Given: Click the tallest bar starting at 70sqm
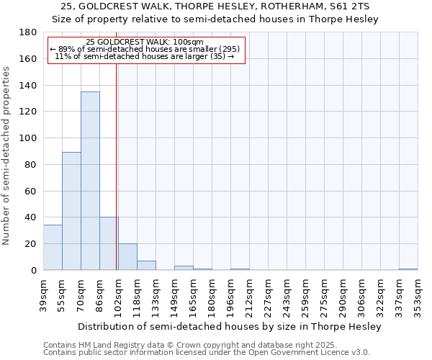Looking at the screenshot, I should tap(90, 181).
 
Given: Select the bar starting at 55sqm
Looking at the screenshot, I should tap(71, 211).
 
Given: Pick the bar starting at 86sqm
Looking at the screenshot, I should tap(109, 243).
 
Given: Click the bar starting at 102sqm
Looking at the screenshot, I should tap(127, 257).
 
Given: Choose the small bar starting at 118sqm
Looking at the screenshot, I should tap(146, 266).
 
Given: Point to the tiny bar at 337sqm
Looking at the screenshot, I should tap(408, 269).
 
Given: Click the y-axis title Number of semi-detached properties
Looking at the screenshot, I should tap(7, 156).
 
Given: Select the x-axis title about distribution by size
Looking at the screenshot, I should tap(230, 326).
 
